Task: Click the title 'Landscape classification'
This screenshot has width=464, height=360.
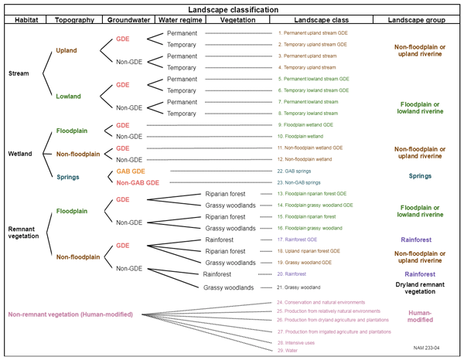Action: pos(231,8)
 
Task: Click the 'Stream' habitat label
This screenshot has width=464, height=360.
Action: pos(19,73)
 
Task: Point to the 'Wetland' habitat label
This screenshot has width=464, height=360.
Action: pos(20,154)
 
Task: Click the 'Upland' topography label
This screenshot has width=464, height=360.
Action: pos(66,50)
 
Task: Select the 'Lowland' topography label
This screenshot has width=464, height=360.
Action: pos(68,96)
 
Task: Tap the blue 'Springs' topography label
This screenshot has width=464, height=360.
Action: pos(69,177)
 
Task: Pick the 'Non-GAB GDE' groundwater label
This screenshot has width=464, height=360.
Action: pos(137,182)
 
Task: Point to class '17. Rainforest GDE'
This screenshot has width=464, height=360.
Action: pos(302,239)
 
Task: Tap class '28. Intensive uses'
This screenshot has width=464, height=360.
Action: pos(296,341)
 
